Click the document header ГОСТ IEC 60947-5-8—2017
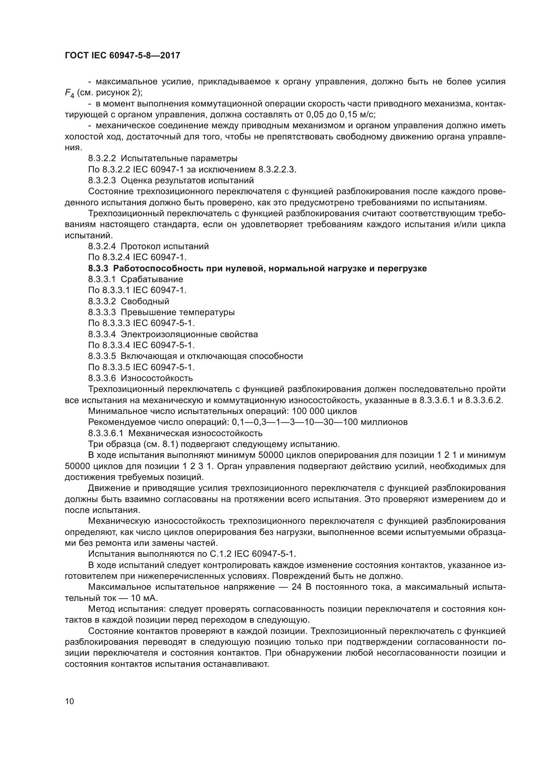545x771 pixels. pos(123,55)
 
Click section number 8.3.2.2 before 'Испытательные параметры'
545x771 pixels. pos(102,159)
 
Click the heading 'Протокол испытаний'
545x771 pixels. pos(164,247)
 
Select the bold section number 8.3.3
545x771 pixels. pos(98,269)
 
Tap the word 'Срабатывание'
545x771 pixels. pos(152,280)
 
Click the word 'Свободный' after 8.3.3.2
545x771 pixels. pos(145,302)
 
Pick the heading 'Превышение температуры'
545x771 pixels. pos(178,312)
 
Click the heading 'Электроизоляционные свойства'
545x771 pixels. pos(189,335)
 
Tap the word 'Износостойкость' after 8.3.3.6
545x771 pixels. pos(157,378)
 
